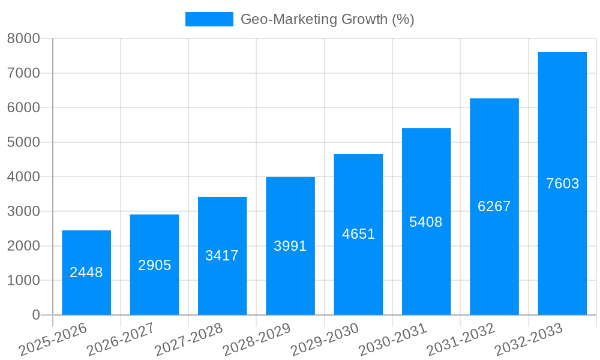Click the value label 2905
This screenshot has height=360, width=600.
point(155,265)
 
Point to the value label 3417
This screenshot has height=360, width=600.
point(222,256)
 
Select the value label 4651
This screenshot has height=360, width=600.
point(358,234)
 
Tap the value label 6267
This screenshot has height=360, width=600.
point(494,206)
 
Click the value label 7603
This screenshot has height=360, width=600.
point(562,184)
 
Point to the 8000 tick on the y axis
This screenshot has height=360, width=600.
point(23,38)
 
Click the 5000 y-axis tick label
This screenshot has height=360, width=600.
point(23,142)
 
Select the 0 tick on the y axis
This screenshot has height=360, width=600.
point(35,315)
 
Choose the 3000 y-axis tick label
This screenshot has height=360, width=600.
point(23,211)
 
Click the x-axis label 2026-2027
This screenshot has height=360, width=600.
point(121,340)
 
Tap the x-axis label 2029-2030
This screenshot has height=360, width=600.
point(325,340)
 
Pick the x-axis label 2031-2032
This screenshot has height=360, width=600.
point(461,340)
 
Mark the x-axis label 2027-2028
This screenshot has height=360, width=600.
point(188,340)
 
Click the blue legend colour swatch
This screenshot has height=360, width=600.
point(209,19)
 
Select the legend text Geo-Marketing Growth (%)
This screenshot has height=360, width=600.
point(327,19)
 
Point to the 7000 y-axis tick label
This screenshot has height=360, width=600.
point(23,73)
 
